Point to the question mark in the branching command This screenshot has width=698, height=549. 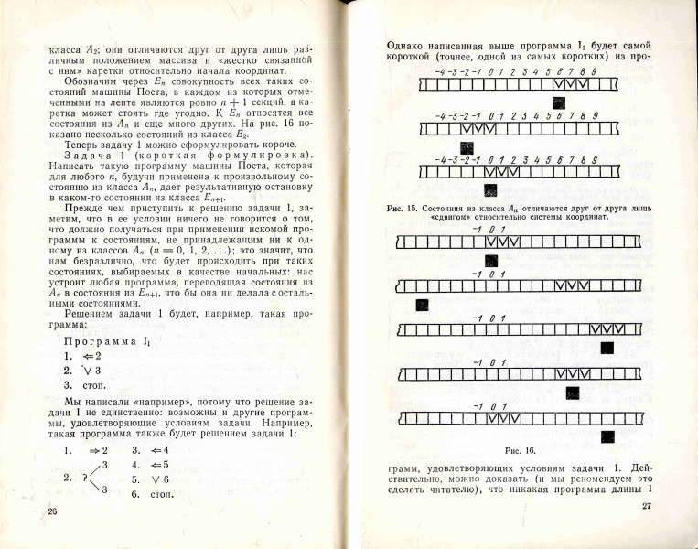click(x=85, y=477)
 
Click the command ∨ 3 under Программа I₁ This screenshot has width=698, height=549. click(x=91, y=371)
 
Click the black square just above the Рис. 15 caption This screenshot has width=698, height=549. click(x=491, y=190)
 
